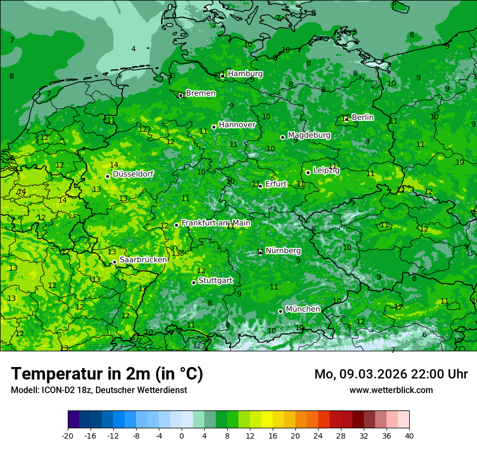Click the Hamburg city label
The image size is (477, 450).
click(245, 74)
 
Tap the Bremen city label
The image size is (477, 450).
click(201, 93)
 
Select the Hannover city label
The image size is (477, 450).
click(237, 125)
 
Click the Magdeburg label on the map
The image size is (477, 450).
click(309, 135)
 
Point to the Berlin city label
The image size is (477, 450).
click(363, 117)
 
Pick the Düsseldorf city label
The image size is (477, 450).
click(133, 174)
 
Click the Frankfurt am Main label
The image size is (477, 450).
click(216, 223)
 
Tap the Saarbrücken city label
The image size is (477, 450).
click(143, 260)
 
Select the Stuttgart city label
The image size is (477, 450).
click(216, 281)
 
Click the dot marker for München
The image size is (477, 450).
click(280, 311)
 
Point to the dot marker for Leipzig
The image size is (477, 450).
click(308, 172)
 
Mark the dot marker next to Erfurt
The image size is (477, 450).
click(260, 186)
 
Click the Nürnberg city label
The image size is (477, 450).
click(283, 251)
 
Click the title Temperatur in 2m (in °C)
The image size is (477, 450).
click(107, 374)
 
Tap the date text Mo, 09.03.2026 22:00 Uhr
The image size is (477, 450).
click(391, 374)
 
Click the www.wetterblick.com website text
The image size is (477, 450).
click(391, 390)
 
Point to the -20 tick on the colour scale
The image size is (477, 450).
click(68, 435)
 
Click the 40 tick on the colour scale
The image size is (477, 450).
click(409, 435)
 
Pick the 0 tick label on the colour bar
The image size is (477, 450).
click(182, 435)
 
